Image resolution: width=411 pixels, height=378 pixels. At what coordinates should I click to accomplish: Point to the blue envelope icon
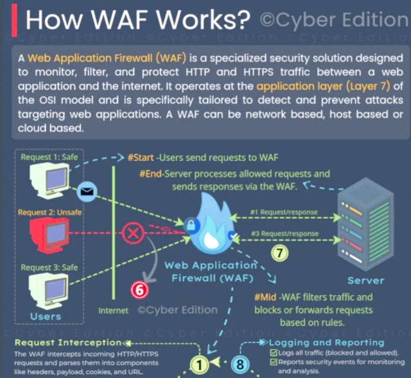coord(85,191)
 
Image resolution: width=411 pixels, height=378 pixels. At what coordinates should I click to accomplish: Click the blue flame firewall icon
coord(211,227)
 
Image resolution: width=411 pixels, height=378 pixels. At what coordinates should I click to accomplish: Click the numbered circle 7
coord(279,252)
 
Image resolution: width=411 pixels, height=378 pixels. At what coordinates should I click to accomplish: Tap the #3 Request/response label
coord(283,234)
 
